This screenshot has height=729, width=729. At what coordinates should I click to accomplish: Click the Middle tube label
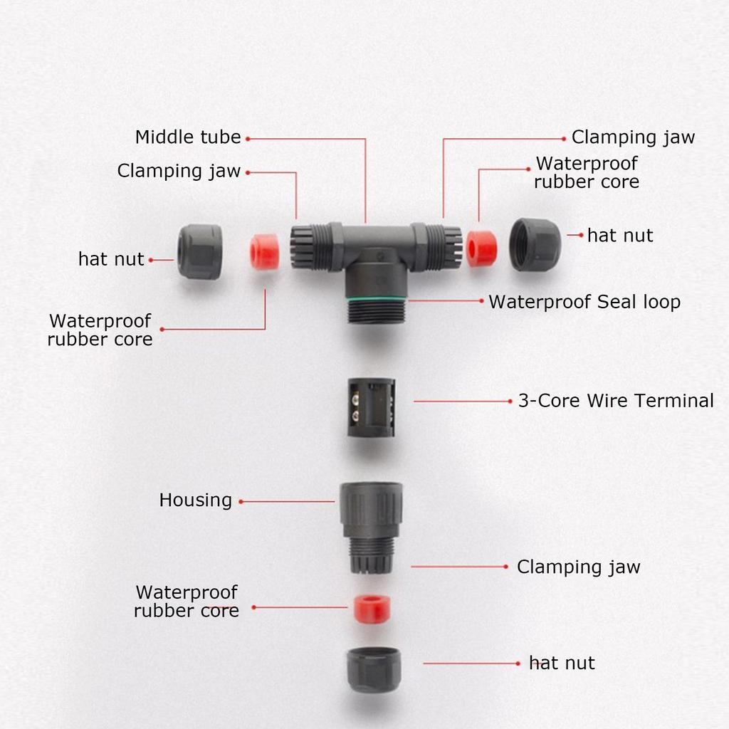188,137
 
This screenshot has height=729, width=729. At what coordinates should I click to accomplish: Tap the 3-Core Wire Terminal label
615,401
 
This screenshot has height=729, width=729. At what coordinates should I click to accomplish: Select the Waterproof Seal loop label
584,302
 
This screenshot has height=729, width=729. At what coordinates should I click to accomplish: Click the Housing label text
195,500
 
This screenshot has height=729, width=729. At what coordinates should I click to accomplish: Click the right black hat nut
535,244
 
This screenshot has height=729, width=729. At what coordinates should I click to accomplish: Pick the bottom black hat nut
374,669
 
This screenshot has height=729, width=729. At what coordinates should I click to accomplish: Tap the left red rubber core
264,252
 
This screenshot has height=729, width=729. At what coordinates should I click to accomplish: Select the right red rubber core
481,248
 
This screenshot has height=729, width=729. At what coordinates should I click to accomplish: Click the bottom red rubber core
372,607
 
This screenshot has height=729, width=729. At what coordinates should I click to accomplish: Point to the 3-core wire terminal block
371,407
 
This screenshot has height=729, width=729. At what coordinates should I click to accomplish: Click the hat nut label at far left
111,259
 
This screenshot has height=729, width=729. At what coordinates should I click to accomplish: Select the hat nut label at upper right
619,236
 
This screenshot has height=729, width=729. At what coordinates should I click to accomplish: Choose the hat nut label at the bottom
562,664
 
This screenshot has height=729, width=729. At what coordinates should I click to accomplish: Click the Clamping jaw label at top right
633,137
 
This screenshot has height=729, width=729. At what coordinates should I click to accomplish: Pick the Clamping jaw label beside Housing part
578,567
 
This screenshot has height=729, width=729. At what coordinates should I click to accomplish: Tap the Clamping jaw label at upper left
179,172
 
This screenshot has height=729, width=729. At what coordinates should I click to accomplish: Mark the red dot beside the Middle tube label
248,138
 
